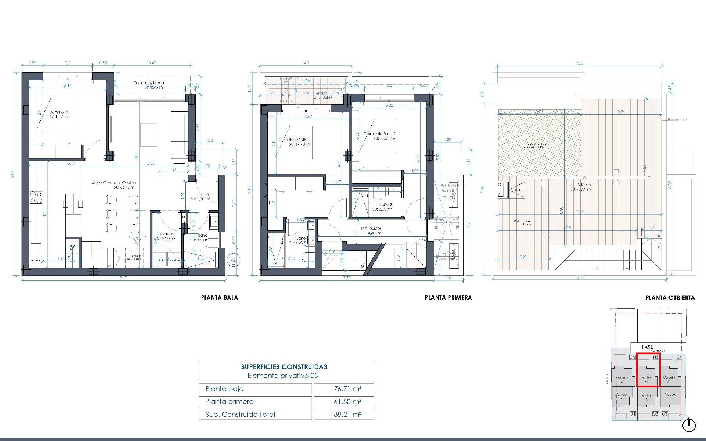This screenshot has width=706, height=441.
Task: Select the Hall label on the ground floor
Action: click(207, 195)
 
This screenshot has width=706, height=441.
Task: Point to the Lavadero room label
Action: click(167, 234)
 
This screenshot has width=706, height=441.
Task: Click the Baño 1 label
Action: click(204, 235)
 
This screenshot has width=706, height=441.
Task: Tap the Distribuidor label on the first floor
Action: click(371, 228)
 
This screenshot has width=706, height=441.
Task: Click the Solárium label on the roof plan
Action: click(584, 185)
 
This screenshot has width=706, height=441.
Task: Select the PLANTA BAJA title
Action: click(220, 298)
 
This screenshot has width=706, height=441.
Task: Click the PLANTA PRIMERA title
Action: click(448, 298)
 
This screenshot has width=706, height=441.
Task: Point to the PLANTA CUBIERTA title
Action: click(670, 298)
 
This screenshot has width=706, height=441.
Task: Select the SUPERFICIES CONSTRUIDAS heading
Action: click(284, 367)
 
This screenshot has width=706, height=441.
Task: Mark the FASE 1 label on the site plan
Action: click(649, 347)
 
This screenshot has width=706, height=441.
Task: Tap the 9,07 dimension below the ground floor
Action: click(123, 278)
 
